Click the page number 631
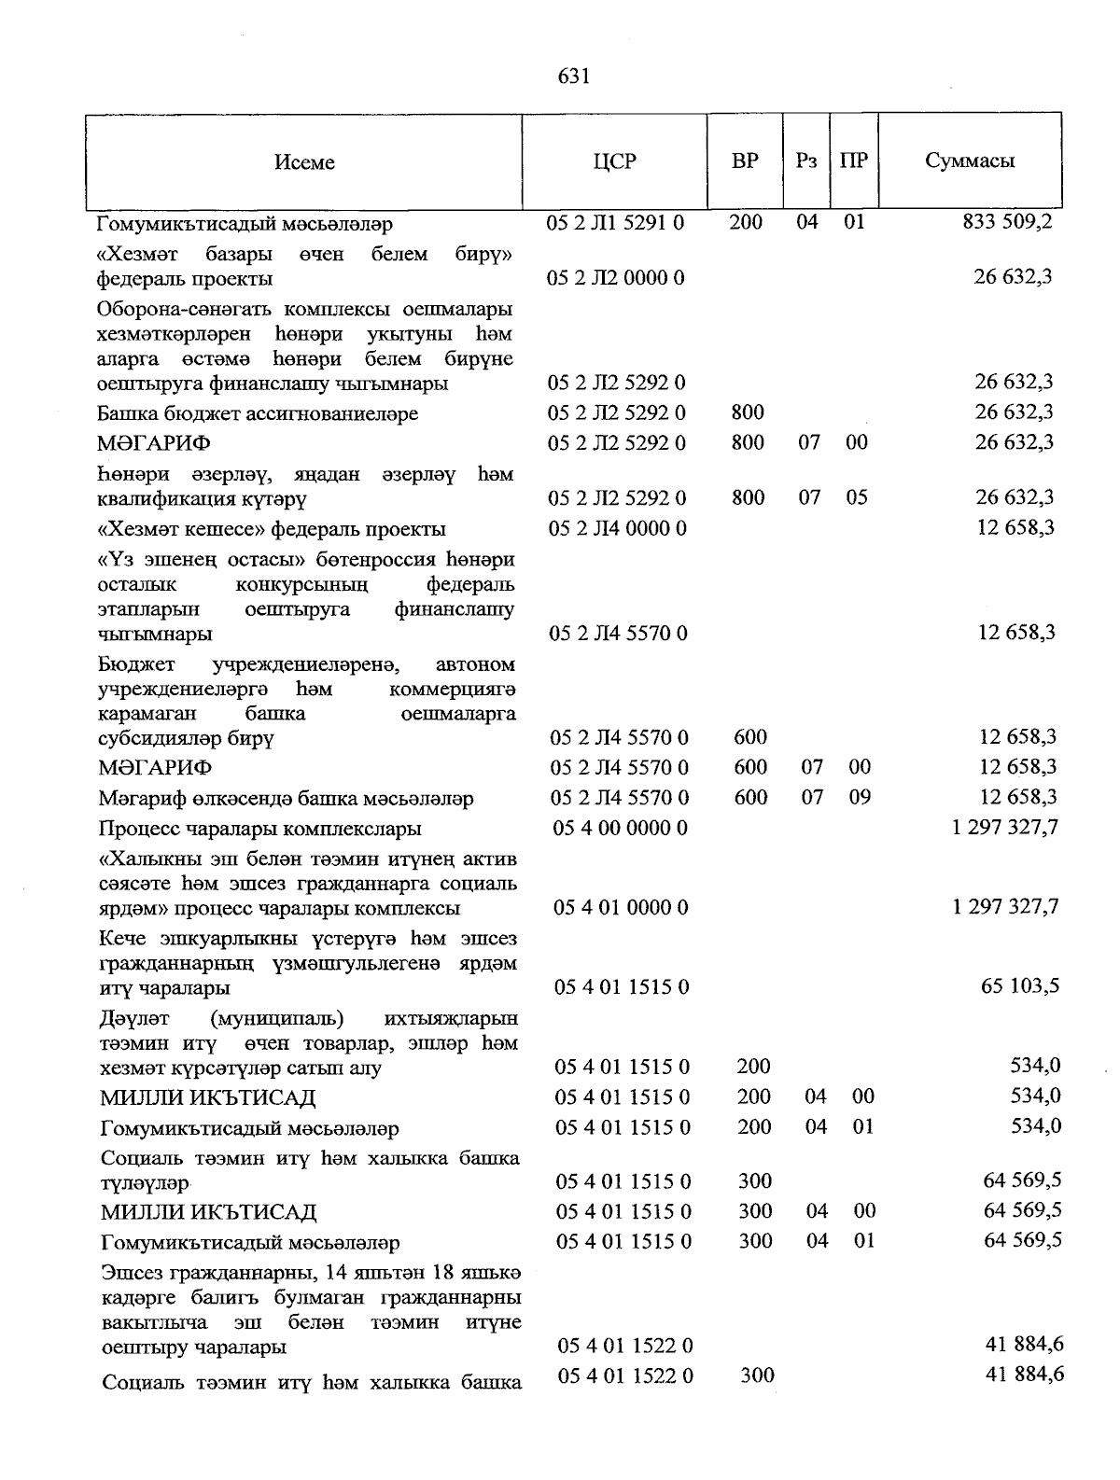coord(573,77)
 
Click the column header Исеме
coord(304,162)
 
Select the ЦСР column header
coord(614,161)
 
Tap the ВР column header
coord(745,161)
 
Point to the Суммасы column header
coord(970,161)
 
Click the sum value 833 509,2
coord(1007,223)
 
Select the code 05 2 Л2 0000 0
coord(616,278)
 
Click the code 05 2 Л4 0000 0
coord(617,528)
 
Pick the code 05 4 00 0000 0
coord(621,828)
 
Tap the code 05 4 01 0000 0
coord(621,907)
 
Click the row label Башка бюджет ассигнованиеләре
coord(258,413)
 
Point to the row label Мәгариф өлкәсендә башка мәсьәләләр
coord(287,799)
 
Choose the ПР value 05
coord(856,497)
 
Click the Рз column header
coord(806,161)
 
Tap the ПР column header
coord(853,161)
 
